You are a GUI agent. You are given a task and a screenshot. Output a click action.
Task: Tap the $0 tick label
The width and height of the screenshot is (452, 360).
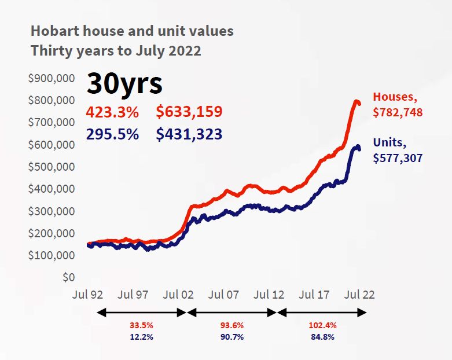[x=69, y=277]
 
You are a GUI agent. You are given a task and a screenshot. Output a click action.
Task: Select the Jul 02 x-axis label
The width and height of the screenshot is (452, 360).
[x=178, y=295]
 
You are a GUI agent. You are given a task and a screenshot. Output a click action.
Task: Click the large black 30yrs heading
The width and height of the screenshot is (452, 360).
[x=124, y=85]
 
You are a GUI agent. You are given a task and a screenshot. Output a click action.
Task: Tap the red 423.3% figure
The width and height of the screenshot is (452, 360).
[x=112, y=112]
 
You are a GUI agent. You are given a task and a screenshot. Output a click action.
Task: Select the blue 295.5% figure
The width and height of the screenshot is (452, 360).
[x=112, y=134]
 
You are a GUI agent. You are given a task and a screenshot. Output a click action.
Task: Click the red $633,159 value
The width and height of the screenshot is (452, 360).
[x=189, y=112]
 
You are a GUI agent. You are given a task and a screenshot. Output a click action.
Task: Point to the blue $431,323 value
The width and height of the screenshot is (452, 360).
[x=189, y=134]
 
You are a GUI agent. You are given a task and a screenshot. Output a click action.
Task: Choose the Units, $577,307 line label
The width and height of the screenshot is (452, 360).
[x=398, y=149]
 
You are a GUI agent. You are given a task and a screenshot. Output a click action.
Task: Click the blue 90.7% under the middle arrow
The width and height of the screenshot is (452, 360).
[x=231, y=336]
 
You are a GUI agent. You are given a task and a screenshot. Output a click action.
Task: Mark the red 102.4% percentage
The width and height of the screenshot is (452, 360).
[x=323, y=325]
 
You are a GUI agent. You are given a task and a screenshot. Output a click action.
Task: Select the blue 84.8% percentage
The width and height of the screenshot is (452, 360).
[x=323, y=336]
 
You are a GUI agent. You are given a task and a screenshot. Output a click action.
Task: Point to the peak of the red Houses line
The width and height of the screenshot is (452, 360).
[x=356, y=102]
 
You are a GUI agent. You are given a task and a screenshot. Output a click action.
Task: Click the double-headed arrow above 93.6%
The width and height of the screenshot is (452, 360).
[x=231, y=313]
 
